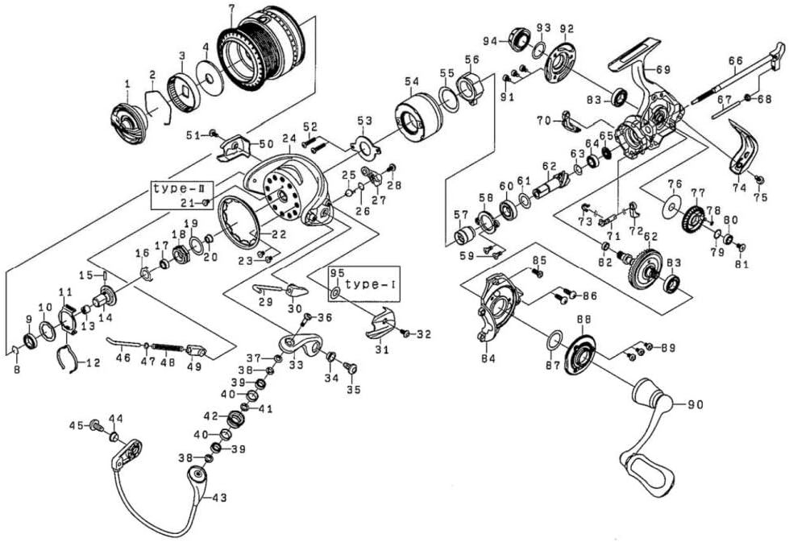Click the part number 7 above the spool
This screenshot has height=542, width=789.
point(231,9)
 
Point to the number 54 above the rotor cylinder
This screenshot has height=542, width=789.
point(412,82)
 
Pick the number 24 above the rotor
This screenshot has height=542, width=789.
point(289,139)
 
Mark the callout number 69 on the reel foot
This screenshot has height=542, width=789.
point(663,70)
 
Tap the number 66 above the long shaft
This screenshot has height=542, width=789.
point(734,60)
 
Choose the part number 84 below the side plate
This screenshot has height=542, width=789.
point(488,358)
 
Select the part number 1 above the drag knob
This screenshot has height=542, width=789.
point(127,84)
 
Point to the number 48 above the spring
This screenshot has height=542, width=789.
point(167,363)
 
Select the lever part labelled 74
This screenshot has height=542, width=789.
point(743,149)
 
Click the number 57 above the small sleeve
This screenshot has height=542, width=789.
point(460,215)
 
